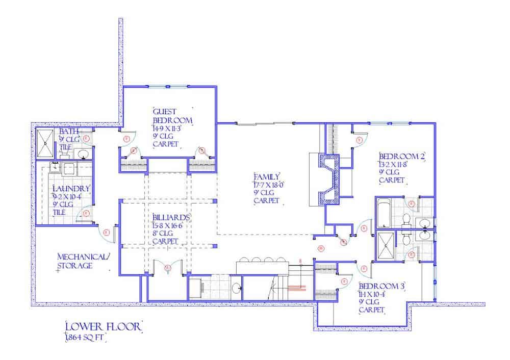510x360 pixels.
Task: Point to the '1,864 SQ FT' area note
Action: coord(86,338)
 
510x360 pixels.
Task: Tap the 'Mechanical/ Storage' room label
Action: coord(82,261)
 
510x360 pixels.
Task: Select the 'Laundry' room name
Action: coord(71,189)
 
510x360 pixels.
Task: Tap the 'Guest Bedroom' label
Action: coord(172,116)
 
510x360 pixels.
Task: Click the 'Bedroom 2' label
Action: coord(401,156)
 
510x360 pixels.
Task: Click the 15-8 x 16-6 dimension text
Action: coord(167,225)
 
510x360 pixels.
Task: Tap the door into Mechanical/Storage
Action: coord(108,233)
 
